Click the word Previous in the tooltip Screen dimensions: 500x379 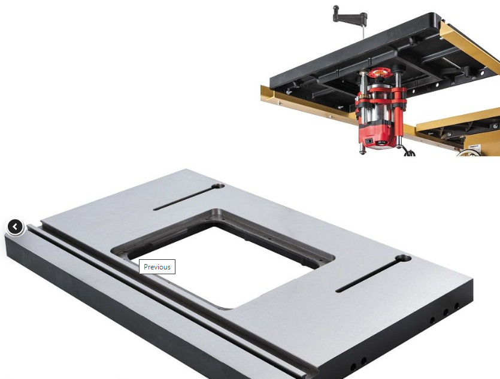pyautogui.click(x=157, y=267)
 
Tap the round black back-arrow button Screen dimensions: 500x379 pyautogui.click(x=15, y=227)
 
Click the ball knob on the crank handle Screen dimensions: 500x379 pyautogui.click(x=336, y=8)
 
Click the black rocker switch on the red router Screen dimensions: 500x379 pyautogui.click(x=369, y=141)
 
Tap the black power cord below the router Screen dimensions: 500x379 pyautogui.click(x=410, y=151)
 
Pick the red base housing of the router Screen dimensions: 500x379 pyautogui.click(x=376, y=136)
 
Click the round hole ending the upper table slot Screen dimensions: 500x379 pyautogui.click(x=219, y=186)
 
